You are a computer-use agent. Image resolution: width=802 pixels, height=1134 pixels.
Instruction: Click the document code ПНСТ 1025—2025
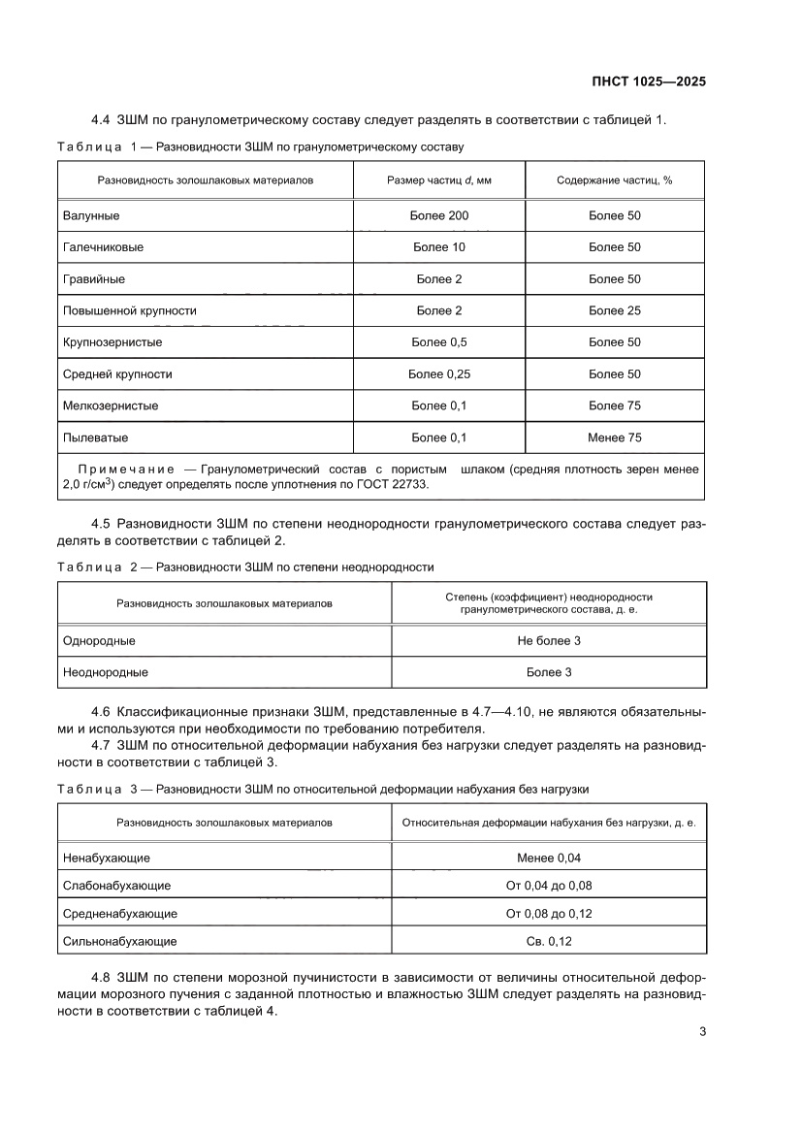coord(648,81)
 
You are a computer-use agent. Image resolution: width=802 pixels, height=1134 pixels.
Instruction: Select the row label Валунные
coord(91,215)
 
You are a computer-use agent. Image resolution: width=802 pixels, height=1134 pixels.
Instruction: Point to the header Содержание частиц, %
coord(615,179)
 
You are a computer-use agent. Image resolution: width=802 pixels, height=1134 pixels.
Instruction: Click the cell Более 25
coord(615,310)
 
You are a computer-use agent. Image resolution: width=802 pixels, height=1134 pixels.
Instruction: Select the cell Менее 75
coord(615,437)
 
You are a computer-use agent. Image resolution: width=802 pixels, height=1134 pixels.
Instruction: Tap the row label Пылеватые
coord(95,437)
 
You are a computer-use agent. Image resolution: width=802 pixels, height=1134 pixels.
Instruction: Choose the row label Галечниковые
coord(103,247)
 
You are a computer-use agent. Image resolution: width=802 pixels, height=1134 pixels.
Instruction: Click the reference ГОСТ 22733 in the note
coord(389,483)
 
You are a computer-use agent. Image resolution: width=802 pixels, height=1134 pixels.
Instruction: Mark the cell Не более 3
coord(549,640)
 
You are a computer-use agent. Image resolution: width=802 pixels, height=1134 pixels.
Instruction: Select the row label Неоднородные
coord(105,671)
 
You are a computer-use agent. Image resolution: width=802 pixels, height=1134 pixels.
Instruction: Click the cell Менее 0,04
coord(549,858)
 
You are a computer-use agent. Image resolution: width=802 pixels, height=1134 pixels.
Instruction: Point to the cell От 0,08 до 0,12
coord(549,913)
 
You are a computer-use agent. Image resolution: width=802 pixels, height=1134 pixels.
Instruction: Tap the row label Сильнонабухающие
coord(119,941)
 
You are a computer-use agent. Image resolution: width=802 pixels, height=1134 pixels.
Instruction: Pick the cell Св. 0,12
coord(549,941)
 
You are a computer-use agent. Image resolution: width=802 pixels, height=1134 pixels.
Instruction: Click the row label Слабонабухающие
coord(116,886)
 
